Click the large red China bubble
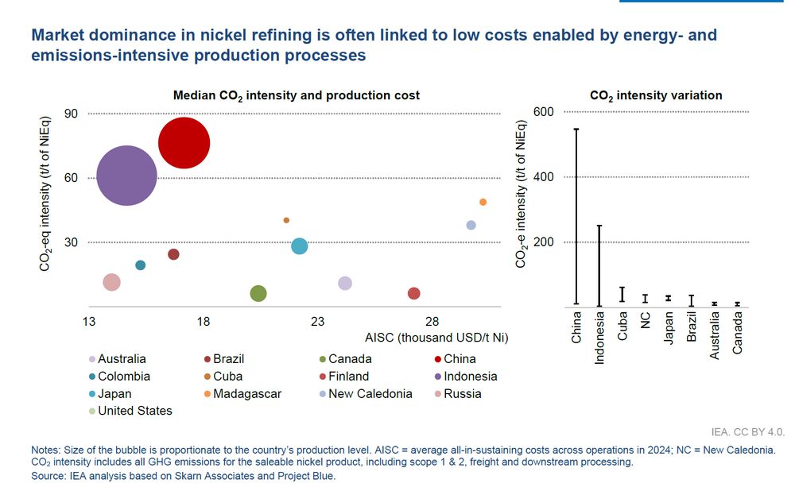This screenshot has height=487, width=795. (x=184, y=143)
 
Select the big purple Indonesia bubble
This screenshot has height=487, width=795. (x=126, y=176)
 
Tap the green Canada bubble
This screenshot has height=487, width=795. (x=258, y=294)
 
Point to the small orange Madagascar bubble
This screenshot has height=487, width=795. (x=483, y=202)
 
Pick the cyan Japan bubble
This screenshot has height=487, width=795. (x=299, y=246)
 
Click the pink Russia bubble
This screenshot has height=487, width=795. (x=112, y=282)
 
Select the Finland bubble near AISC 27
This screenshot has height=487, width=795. (x=413, y=294)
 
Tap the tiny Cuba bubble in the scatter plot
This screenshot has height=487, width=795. (x=286, y=220)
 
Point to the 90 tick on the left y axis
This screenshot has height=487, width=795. (x=71, y=114)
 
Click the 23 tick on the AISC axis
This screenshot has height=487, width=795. (x=318, y=322)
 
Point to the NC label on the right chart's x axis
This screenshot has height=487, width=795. (x=646, y=320)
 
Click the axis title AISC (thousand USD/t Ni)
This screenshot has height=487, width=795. (x=436, y=338)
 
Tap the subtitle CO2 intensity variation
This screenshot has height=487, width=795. (x=656, y=95)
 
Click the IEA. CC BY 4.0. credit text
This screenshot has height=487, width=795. (x=748, y=432)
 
